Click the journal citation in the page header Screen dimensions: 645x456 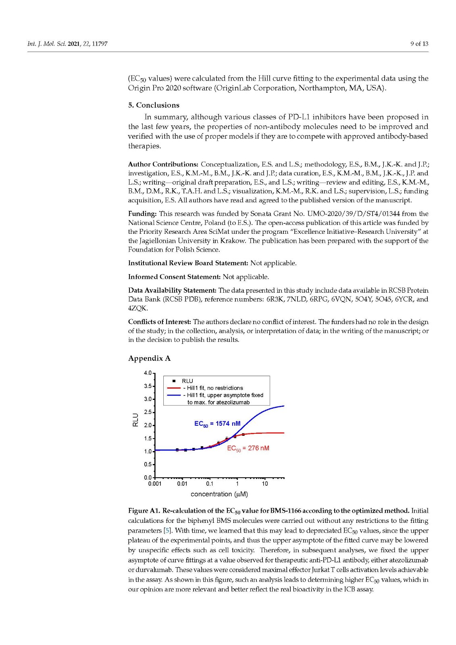point(67,44)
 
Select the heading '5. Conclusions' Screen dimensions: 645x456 point(154,105)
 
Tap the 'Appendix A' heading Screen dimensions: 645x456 point(149,358)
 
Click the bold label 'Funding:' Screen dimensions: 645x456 point(142,214)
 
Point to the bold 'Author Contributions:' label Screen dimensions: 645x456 point(163,164)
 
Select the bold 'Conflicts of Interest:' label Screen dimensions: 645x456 point(160,322)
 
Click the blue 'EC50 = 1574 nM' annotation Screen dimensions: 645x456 point(217,424)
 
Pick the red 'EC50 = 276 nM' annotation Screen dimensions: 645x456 point(248,448)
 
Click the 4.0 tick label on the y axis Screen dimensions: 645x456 point(148,373)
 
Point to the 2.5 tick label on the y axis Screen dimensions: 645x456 point(148,412)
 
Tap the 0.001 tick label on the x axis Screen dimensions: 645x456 point(155,484)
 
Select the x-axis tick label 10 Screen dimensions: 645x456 point(265,484)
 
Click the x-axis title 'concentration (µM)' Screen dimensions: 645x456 point(219,494)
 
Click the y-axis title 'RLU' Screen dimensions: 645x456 point(135,420)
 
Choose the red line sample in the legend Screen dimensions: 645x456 point(173,388)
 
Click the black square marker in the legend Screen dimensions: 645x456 point(174,381)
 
